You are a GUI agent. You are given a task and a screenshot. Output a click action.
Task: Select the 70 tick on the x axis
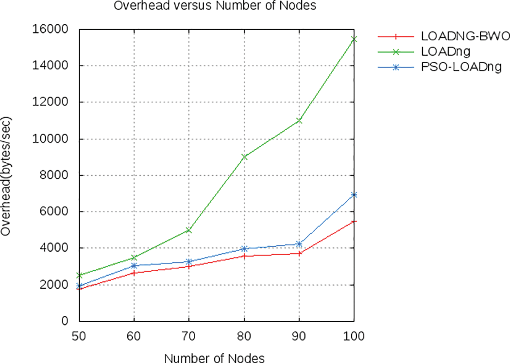189,335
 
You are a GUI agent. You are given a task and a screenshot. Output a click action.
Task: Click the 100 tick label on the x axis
354,335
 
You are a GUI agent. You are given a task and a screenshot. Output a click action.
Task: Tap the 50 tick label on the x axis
79,335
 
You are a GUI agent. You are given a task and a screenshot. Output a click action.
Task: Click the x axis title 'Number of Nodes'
214,358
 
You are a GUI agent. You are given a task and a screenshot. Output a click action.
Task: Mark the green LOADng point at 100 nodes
354,39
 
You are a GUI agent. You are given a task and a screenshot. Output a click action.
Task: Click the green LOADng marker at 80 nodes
244,156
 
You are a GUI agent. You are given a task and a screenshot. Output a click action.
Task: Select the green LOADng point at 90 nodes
299,120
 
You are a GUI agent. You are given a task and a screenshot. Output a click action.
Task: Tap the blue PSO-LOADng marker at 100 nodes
354,195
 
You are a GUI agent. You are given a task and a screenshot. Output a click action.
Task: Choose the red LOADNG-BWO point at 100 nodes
354,222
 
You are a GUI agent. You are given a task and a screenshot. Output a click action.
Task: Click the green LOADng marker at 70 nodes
189,230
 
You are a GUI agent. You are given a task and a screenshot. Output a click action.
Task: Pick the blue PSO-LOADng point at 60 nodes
134,266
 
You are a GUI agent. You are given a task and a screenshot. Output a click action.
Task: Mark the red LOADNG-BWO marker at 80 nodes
244,256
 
